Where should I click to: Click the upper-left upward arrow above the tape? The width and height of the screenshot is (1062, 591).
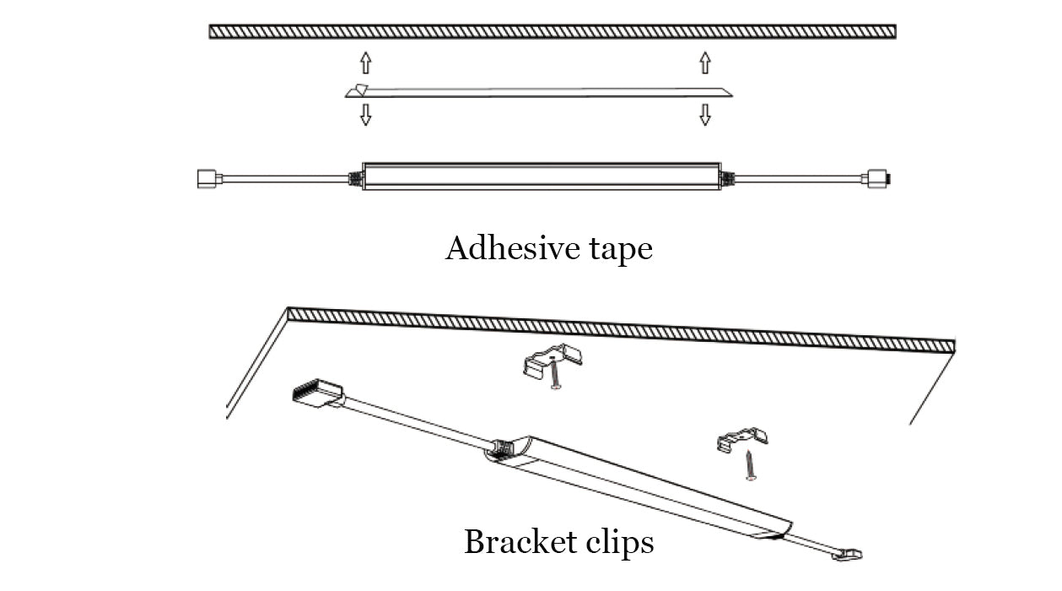tap(365, 62)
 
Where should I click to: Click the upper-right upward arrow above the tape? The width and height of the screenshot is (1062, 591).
tap(705, 62)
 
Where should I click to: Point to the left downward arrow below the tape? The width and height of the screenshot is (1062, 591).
tap(365, 115)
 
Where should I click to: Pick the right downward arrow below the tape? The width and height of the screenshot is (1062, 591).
tap(705, 115)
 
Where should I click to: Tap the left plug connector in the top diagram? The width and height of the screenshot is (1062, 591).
tap(208, 178)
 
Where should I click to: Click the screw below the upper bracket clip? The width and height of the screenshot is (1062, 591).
tap(553, 378)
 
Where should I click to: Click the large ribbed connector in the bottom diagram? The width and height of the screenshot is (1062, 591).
tap(316, 393)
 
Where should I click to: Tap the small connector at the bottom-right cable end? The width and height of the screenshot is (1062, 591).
tap(847, 554)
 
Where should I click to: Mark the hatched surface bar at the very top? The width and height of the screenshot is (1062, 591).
tap(553, 32)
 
